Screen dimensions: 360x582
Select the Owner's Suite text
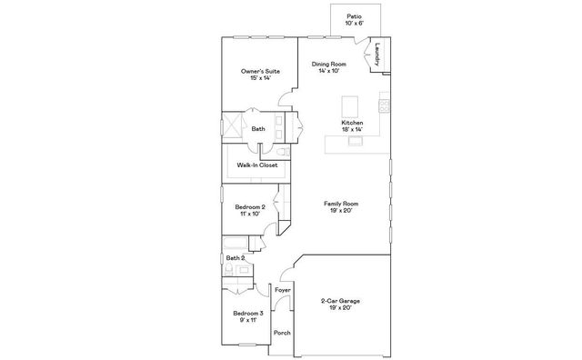point(260,71)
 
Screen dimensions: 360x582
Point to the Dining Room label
point(328,65)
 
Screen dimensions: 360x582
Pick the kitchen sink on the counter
point(355,141)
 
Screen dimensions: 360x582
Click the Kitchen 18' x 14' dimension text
point(352,129)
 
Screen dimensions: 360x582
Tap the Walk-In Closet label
point(257,165)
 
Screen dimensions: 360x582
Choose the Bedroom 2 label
point(250,207)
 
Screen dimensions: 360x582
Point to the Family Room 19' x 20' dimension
point(341,211)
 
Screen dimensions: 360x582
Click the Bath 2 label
point(235,258)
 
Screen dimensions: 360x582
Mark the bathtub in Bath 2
point(235,243)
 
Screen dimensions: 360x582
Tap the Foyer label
point(283,290)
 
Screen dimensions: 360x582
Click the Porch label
point(282,333)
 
